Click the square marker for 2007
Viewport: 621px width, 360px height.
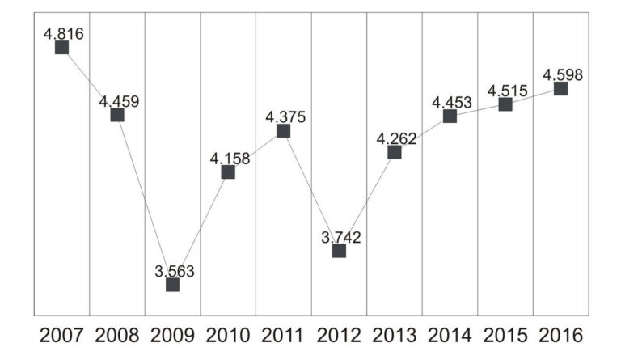click(61, 48)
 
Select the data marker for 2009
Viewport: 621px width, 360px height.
click(172, 284)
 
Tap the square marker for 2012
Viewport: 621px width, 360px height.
click(339, 251)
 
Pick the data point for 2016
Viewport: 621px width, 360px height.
click(560, 88)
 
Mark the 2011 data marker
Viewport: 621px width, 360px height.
click(283, 131)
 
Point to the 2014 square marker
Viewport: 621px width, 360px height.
click(450, 116)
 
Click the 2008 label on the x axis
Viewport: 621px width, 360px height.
click(117, 334)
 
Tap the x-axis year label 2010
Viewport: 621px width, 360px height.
click(228, 334)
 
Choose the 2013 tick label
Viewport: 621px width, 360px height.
click(395, 334)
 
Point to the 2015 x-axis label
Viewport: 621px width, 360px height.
click(505, 334)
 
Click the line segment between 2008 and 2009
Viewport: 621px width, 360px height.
click(145, 200)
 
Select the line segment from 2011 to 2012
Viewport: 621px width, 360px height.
click(311, 191)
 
